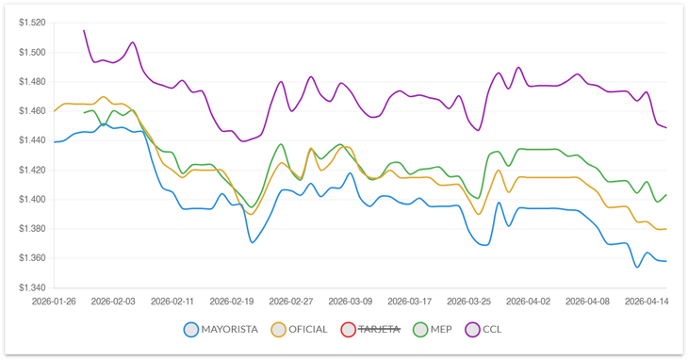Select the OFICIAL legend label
point(307,330)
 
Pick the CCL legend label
point(493,330)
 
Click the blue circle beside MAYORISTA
point(191,330)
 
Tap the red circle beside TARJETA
point(349,330)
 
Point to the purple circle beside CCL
point(472,330)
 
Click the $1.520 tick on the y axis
point(31,23)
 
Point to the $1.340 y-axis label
point(31,287)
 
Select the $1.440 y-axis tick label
point(31,140)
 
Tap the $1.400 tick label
point(31,199)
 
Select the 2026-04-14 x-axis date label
point(647,302)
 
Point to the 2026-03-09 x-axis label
point(350,302)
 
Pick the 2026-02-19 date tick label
point(232,302)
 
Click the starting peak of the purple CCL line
point(84,30)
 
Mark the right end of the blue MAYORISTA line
point(666,261)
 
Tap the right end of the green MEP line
point(666,195)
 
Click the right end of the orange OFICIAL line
point(666,229)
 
